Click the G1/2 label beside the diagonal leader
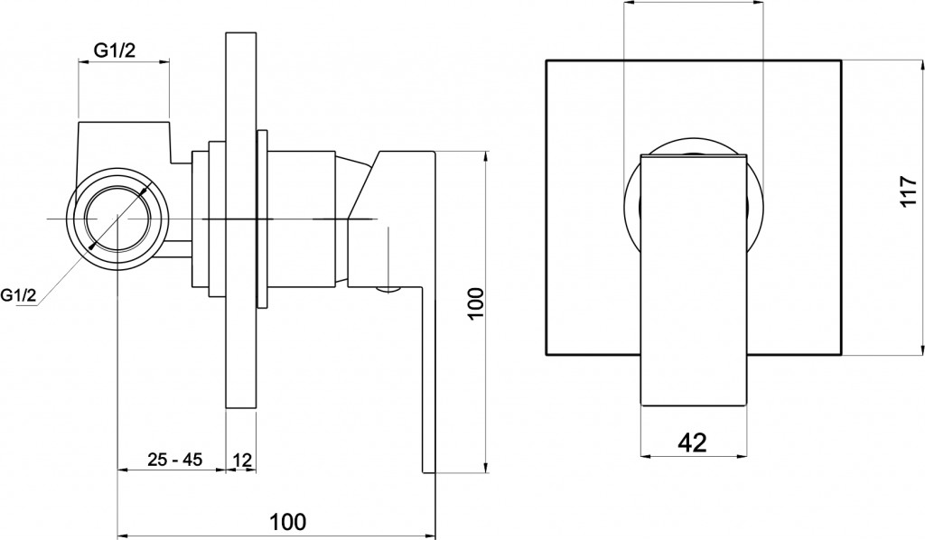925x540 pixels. tap(18, 294)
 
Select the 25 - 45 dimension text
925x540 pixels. tap(174, 459)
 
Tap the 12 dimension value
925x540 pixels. tap(243, 459)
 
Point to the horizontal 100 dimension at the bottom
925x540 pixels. tap(288, 522)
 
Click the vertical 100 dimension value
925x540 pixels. tap(476, 304)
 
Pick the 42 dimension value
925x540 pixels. tap(692, 442)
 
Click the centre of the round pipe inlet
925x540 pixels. tap(117, 219)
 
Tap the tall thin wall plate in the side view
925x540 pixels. tap(241, 220)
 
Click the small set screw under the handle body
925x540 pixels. tap(388, 289)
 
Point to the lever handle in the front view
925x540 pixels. tap(693, 280)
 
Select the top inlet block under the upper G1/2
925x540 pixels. tap(124, 149)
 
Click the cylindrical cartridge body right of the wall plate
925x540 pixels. tap(302, 219)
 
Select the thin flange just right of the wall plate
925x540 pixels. tap(263, 219)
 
